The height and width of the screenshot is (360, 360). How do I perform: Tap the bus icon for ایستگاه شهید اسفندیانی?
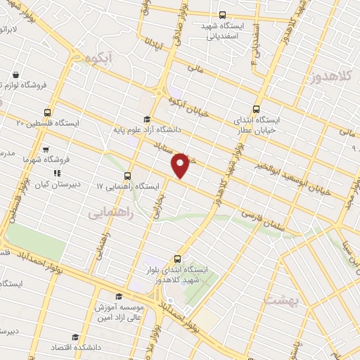pos(222,14)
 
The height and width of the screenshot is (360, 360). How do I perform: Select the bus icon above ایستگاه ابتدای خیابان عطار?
pos(256,109)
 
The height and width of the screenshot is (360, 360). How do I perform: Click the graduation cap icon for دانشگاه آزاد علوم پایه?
pos(147,119)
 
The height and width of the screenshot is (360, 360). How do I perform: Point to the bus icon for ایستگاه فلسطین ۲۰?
pos(47,112)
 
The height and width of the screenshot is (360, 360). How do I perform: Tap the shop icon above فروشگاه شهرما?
pos(46,149)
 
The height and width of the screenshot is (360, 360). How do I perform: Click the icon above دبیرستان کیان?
pos(58,172)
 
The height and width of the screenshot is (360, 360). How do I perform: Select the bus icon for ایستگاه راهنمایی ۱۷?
pos(127,176)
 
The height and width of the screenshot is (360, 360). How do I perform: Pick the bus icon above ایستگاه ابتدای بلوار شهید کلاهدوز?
pos(177,258)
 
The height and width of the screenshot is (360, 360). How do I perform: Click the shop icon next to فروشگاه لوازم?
pos(15,74)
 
